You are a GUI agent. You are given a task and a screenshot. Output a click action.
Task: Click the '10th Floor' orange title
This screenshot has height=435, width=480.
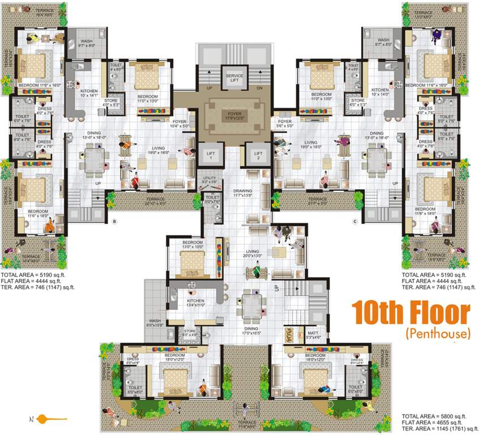point(411,313)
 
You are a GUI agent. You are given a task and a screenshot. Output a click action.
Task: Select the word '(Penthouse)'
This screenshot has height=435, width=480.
point(438,334)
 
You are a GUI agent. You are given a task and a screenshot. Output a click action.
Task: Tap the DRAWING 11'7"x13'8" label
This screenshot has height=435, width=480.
point(246,193)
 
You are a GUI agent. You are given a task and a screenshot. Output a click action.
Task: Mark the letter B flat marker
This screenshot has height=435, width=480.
point(114,221)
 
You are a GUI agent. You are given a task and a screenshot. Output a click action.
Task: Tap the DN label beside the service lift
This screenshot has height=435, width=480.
point(260,89)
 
